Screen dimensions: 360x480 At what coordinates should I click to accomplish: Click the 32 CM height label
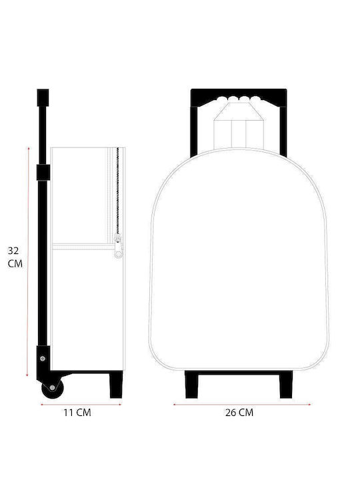pos(15,257)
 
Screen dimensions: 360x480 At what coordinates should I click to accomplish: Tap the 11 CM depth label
pos(77,413)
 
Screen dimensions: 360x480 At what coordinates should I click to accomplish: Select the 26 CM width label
pos(239,413)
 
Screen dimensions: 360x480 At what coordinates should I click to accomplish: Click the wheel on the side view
pos(53,388)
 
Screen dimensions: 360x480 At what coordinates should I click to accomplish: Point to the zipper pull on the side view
pos(118,247)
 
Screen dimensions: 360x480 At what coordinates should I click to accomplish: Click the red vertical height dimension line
pos(28,262)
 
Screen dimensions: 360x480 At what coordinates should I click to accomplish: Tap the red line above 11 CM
pos(81,405)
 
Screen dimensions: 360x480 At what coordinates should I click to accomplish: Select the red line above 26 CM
pos(242,405)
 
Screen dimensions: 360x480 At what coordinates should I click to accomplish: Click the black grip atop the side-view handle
pos(43,97)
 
